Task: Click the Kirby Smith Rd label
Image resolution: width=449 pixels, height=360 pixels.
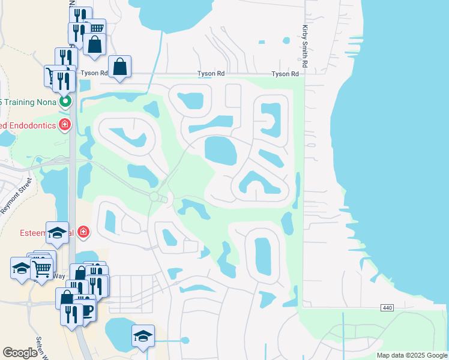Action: (306, 45)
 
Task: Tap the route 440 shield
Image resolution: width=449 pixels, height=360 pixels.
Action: (387, 308)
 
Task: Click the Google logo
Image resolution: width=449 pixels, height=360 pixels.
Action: (20, 353)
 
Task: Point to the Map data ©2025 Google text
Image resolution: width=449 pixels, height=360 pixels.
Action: (411, 355)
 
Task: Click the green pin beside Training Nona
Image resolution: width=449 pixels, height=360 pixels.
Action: (65, 101)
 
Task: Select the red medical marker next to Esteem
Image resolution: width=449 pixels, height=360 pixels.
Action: (83, 232)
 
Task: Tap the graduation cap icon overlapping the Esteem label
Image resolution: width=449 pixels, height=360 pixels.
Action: (58, 232)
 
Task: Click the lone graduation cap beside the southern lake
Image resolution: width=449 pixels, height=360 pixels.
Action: (143, 335)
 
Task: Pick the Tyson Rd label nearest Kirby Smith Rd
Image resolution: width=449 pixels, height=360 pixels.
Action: (285, 74)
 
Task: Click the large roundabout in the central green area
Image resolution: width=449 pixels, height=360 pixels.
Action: (154, 197)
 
